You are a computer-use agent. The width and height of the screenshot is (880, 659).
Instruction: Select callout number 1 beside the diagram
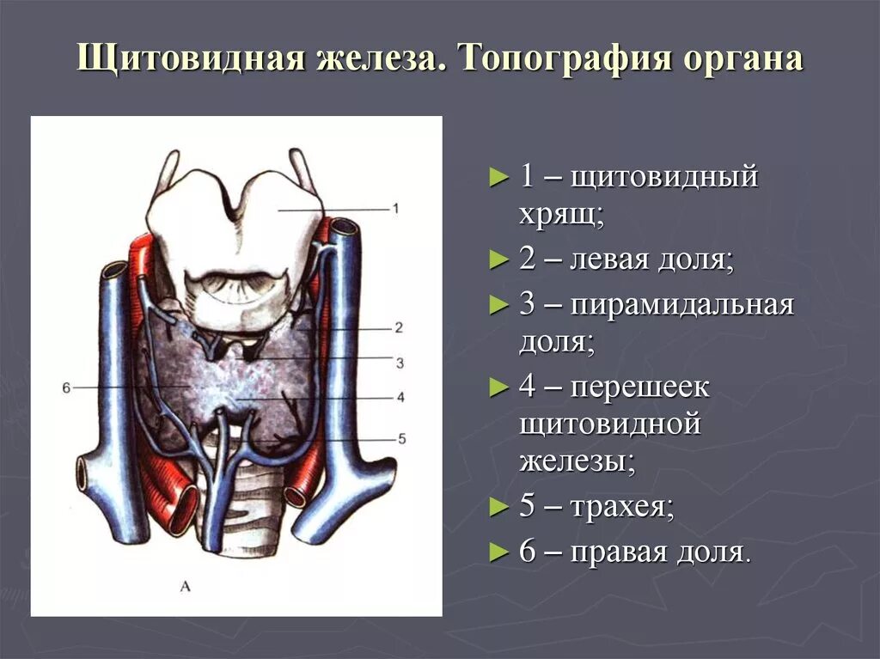[x=395, y=208]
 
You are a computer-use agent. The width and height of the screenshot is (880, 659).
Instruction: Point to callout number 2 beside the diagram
[x=399, y=327]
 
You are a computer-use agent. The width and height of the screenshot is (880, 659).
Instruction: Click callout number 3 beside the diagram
[x=399, y=363]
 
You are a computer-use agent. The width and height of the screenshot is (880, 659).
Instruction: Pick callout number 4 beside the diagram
[x=400, y=397]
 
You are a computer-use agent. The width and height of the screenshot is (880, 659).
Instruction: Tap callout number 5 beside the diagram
[x=400, y=439]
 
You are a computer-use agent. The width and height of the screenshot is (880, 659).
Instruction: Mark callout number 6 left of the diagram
[x=66, y=387]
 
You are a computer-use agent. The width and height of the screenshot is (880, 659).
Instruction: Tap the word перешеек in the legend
[x=640, y=387]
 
